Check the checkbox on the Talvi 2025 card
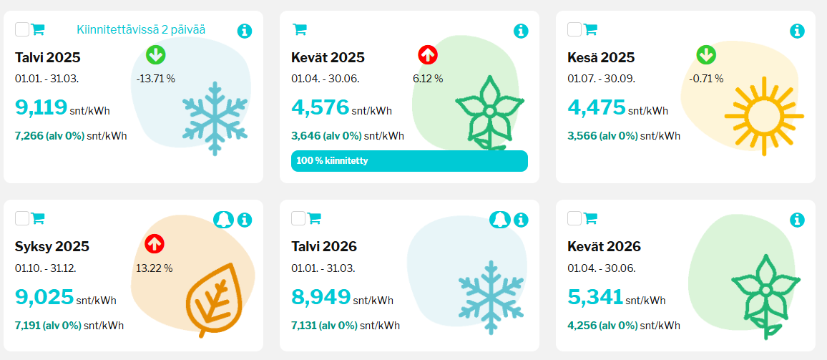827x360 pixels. (x=22, y=29)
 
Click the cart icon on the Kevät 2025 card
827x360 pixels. (x=300, y=29)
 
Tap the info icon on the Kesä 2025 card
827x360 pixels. (x=797, y=31)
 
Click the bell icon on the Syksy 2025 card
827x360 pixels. (x=223, y=220)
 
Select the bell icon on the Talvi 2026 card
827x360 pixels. (x=499, y=220)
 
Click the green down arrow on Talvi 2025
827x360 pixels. (x=155, y=54)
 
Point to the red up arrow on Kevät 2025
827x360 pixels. (x=428, y=54)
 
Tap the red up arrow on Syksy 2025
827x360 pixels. (x=155, y=244)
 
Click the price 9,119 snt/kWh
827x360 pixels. (x=41, y=107)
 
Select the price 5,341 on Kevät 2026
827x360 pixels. (x=595, y=297)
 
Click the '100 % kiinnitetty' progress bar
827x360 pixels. (x=409, y=161)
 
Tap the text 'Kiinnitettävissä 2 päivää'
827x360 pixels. (x=141, y=30)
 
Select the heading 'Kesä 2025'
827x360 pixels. (x=601, y=57)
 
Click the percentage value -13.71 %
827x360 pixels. (x=155, y=78)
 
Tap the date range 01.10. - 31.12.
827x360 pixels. (x=46, y=268)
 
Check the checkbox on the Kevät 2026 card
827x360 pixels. (x=574, y=218)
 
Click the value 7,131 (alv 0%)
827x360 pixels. (x=324, y=326)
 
